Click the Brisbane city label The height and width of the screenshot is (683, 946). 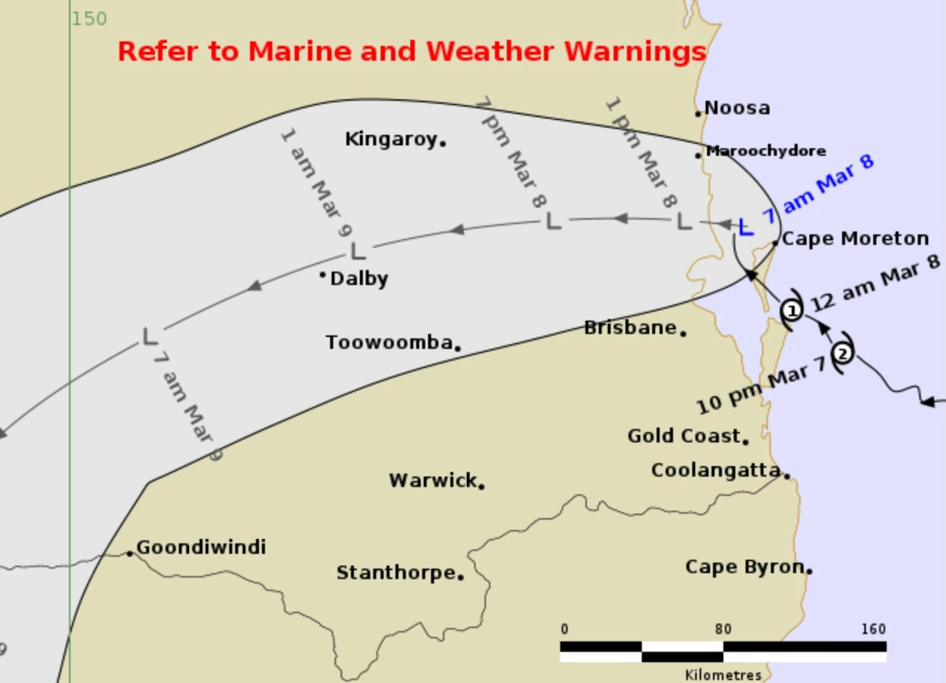point(630,327)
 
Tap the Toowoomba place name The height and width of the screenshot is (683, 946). point(389,342)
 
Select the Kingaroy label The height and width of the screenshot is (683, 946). point(391,140)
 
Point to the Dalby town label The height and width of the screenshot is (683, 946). point(359,279)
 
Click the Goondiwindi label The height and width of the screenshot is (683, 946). point(201,547)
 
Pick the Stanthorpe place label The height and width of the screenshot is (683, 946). point(396,573)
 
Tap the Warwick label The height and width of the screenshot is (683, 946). point(433,480)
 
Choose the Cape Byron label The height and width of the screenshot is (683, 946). point(745,567)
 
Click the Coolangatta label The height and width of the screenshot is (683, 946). point(716,470)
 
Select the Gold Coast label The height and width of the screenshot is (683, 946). point(684,436)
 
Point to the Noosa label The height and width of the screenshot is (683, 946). point(737,108)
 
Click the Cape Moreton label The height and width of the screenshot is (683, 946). point(855,239)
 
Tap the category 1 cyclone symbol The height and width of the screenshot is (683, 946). point(792,311)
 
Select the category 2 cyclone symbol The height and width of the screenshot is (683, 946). point(843,354)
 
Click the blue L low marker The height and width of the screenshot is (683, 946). point(746,227)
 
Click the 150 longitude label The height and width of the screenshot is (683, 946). point(89,19)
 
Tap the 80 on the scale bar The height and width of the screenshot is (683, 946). point(723,629)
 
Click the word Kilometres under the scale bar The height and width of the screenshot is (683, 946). point(723,675)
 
